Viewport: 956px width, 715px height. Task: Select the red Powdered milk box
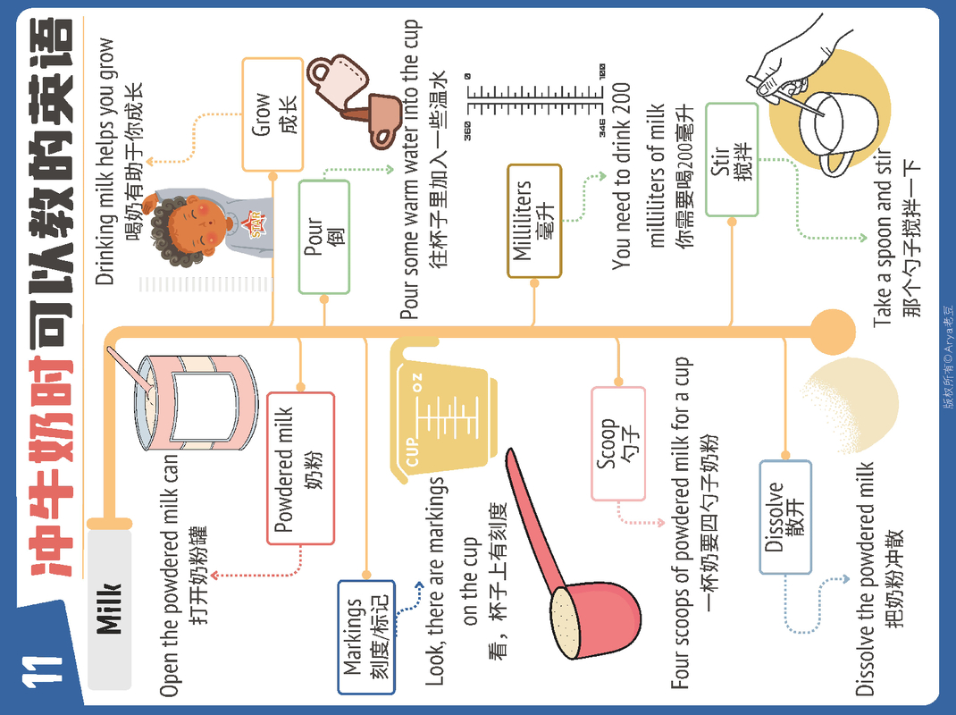pyautogui.click(x=300, y=467)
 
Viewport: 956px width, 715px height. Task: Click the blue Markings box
pyautogui.click(x=365, y=636)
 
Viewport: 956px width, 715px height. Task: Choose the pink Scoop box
pyautogui.click(x=617, y=443)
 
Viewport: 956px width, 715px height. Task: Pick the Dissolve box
pyautogui.click(x=784, y=517)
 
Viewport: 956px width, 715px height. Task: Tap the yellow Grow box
pyautogui.click(x=272, y=114)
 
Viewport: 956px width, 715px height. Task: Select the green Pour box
pyautogui.click(x=323, y=237)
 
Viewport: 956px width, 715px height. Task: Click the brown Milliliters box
pyautogui.click(x=534, y=221)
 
